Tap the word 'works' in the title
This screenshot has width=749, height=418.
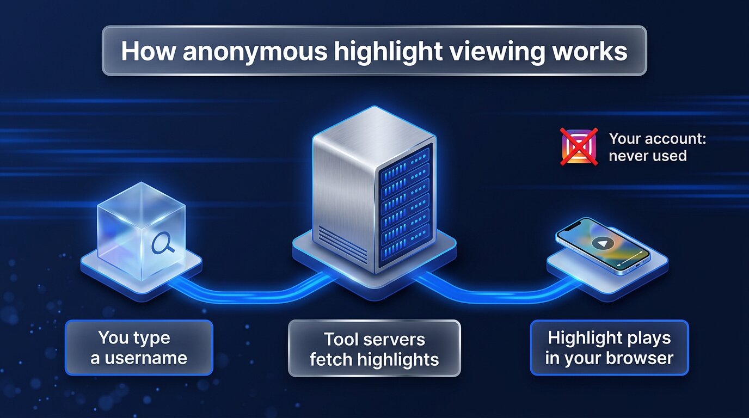point(590,51)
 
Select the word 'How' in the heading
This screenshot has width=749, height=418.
point(148,51)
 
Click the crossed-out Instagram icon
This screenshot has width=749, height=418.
point(579,146)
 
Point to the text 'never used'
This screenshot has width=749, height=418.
point(648,156)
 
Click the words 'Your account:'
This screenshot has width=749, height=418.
point(658,138)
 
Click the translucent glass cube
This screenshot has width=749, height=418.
point(141,231)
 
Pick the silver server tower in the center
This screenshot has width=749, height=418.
point(374,189)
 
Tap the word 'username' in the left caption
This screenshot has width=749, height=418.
point(145,358)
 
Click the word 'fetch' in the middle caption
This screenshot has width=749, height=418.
point(331,359)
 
